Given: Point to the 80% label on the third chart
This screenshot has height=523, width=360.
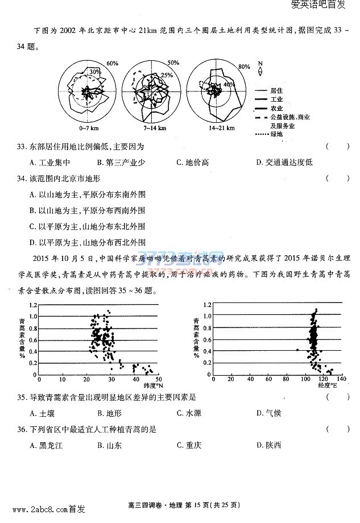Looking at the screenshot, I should (x=245, y=67).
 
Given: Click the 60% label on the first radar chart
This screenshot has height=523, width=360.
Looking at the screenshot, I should (x=112, y=63).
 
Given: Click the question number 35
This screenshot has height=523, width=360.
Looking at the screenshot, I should (x=22, y=397).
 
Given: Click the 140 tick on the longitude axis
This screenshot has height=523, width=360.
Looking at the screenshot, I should (x=341, y=379).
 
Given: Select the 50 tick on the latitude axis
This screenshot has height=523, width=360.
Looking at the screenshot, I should (x=159, y=379).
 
